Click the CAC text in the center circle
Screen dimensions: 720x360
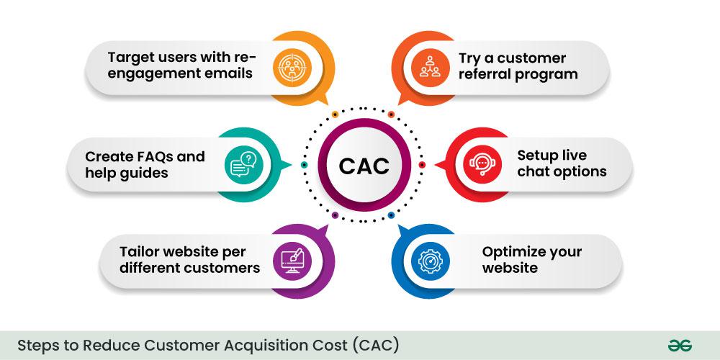point(364,166)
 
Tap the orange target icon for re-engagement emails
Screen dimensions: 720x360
point(292,66)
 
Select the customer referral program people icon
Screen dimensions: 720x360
point(430,66)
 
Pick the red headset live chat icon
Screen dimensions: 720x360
point(482,164)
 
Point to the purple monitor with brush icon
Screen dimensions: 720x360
point(292,261)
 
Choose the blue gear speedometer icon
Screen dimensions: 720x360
point(431,261)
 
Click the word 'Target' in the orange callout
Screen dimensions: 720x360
point(130,58)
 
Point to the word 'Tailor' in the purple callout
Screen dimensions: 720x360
point(138,252)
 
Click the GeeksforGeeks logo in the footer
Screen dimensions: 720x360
point(680,346)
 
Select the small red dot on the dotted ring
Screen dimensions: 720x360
point(422,165)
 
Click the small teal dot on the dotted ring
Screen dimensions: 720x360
point(304,165)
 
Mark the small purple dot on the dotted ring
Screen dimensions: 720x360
point(335,215)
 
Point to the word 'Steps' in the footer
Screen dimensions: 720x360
point(33,346)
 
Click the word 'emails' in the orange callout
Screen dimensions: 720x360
point(229,73)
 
